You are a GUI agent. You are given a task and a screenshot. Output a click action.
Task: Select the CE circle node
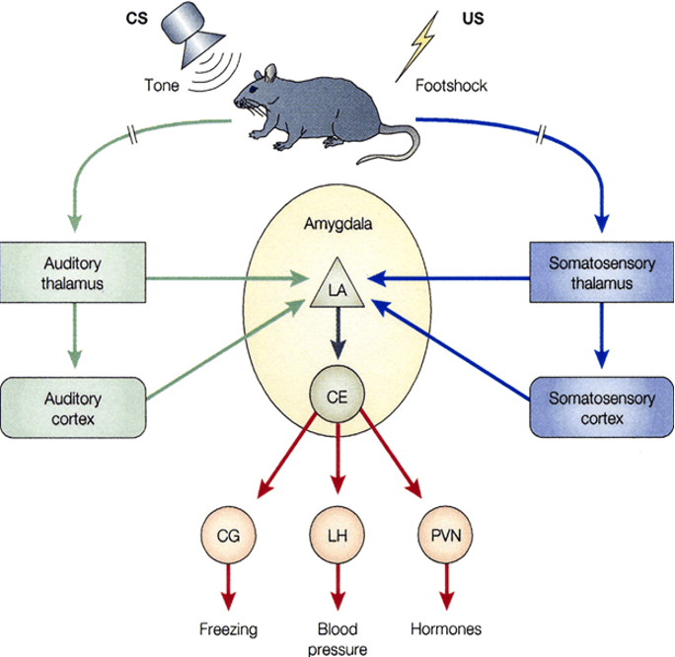pyautogui.click(x=337, y=396)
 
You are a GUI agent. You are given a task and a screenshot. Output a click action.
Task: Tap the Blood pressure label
pyautogui.click(x=337, y=637)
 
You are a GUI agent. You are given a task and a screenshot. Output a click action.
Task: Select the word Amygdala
pyautogui.click(x=337, y=226)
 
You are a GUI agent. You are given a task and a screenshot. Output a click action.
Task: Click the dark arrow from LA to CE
pyautogui.click(x=337, y=340)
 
